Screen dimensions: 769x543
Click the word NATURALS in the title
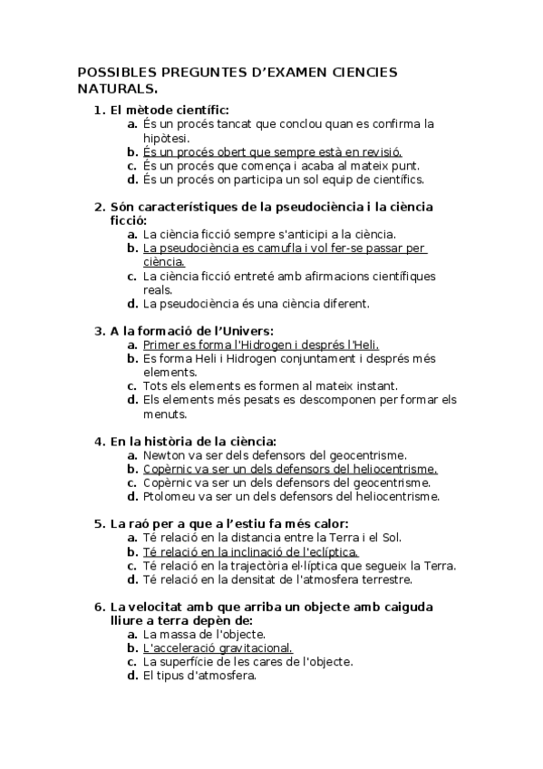click(117, 88)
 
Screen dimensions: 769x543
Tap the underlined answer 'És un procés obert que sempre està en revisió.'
click(272, 151)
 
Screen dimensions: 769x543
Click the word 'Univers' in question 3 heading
click(245, 331)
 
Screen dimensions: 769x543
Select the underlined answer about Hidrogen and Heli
click(261, 345)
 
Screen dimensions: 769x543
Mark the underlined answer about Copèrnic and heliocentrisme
click(290, 469)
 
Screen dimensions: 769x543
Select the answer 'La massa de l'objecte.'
click(205, 634)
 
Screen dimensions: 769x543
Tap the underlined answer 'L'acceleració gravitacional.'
click(218, 647)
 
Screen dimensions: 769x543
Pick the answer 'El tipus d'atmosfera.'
click(200, 675)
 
